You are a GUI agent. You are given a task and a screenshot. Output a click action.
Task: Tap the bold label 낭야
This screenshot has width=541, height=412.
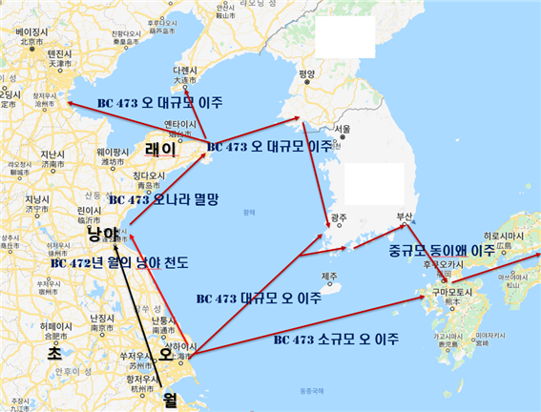[x=103, y=234]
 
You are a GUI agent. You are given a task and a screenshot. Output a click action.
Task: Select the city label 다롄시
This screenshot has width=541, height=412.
[x=184, y=71]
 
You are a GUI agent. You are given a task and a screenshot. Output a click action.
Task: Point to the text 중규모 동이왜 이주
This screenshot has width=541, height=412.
[x=442, y=250]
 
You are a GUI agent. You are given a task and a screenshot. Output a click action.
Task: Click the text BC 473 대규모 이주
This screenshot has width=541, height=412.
[x=257, y=298]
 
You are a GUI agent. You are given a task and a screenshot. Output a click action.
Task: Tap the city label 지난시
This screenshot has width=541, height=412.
[x=51, y=154]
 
